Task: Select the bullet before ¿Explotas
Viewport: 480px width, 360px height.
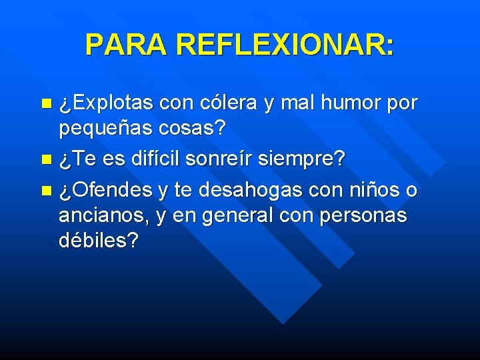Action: [x=45, y=103]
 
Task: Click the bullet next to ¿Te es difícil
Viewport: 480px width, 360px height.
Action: [x=45, y=159]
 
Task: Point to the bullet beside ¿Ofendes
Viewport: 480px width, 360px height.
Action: [x=45, y=191]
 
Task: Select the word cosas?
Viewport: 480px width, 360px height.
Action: [x=193, y=127]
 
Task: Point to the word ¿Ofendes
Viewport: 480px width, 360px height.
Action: [x=106, y=191]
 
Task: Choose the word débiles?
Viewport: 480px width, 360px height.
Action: [x=99, y=240]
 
